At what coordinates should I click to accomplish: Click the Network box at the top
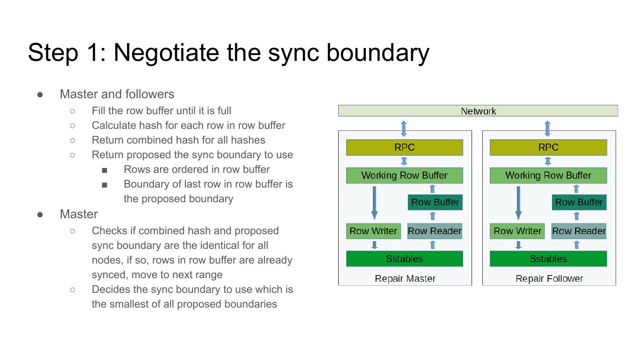tap(478, 111)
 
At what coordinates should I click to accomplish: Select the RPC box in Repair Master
tap(404, 148)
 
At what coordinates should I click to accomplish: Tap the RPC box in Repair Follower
tap(548, 148)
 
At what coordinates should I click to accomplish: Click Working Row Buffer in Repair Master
tap(404, 176)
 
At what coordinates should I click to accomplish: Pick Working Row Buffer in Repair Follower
tap(548, 176)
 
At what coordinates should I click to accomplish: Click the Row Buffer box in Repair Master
tap(435, 202)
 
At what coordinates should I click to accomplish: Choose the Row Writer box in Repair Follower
tap(517, 231)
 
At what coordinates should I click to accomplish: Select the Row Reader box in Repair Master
tap(435, 231)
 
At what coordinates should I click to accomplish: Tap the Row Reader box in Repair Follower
tap(579, 231)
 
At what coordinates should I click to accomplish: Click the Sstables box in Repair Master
tap(404, 259)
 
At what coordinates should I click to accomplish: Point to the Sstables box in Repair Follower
tap(548, 259)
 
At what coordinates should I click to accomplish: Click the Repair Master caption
tap(405, 279)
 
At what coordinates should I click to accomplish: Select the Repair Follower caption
tap(549, 279)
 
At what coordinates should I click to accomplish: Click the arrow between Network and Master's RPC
tap(404, 128)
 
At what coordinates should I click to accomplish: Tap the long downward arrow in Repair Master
tap(375, 203)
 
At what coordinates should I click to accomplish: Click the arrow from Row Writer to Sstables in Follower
tap(519, 245)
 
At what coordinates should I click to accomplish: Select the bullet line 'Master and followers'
tap(117, 94)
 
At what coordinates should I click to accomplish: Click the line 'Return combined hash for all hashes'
tap(178, 140)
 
